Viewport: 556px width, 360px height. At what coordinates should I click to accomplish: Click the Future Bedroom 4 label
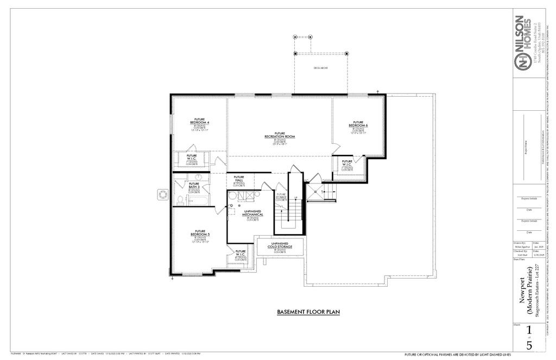click(200, 121)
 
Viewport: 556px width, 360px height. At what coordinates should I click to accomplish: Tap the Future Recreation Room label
click(280, 135)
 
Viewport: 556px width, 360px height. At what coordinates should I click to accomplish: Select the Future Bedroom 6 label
click(358, 124)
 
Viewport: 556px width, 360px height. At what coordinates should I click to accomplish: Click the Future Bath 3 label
click(194, 185)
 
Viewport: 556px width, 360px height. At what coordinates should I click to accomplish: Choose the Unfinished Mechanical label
click(252, 213)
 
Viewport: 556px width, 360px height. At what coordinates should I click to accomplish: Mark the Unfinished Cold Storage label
click(280, 245)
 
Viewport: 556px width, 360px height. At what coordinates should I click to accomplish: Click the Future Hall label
click(239, 179)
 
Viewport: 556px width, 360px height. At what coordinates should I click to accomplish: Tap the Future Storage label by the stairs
click(281, 196)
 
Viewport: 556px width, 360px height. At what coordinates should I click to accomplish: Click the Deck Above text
click(321, 68)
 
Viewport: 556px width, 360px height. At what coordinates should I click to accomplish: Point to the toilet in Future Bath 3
click(179, 200)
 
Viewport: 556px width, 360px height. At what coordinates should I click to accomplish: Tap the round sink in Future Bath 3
click(198, 177)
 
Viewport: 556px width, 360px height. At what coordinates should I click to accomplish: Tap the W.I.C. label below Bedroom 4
click(192, 157)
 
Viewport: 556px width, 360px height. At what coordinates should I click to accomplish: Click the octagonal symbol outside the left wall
click(162, 194)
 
